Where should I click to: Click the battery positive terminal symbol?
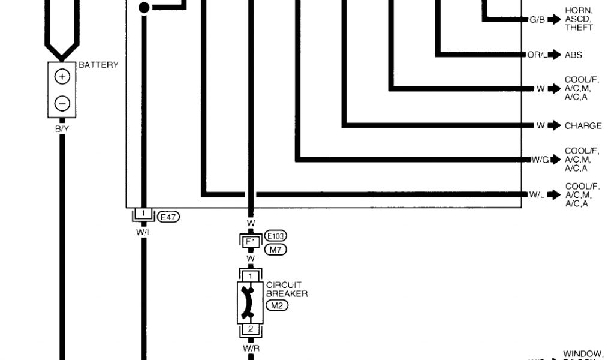62,76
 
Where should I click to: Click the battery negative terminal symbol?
62,103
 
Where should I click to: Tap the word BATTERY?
98,65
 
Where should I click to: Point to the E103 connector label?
275,236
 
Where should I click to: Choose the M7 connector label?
275,250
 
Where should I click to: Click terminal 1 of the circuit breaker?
251,276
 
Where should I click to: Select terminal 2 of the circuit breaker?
251,329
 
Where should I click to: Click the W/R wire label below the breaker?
251,347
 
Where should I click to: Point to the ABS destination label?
573,55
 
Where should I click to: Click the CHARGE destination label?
583,126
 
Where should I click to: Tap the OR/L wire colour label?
537,55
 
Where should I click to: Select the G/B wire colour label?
537,20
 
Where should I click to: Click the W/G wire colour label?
540,160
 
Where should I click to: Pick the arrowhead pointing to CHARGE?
555,125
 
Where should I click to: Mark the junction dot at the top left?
144,8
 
